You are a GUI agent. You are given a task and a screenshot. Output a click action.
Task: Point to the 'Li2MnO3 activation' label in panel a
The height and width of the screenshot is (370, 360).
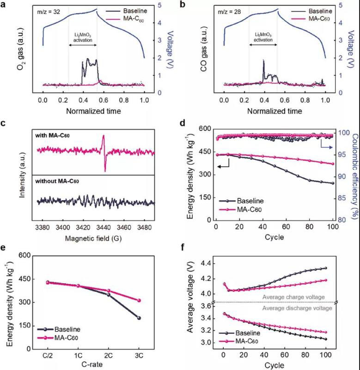[83, 37]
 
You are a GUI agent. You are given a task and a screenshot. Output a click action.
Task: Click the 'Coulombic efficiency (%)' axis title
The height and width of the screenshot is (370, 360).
[353, 175]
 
